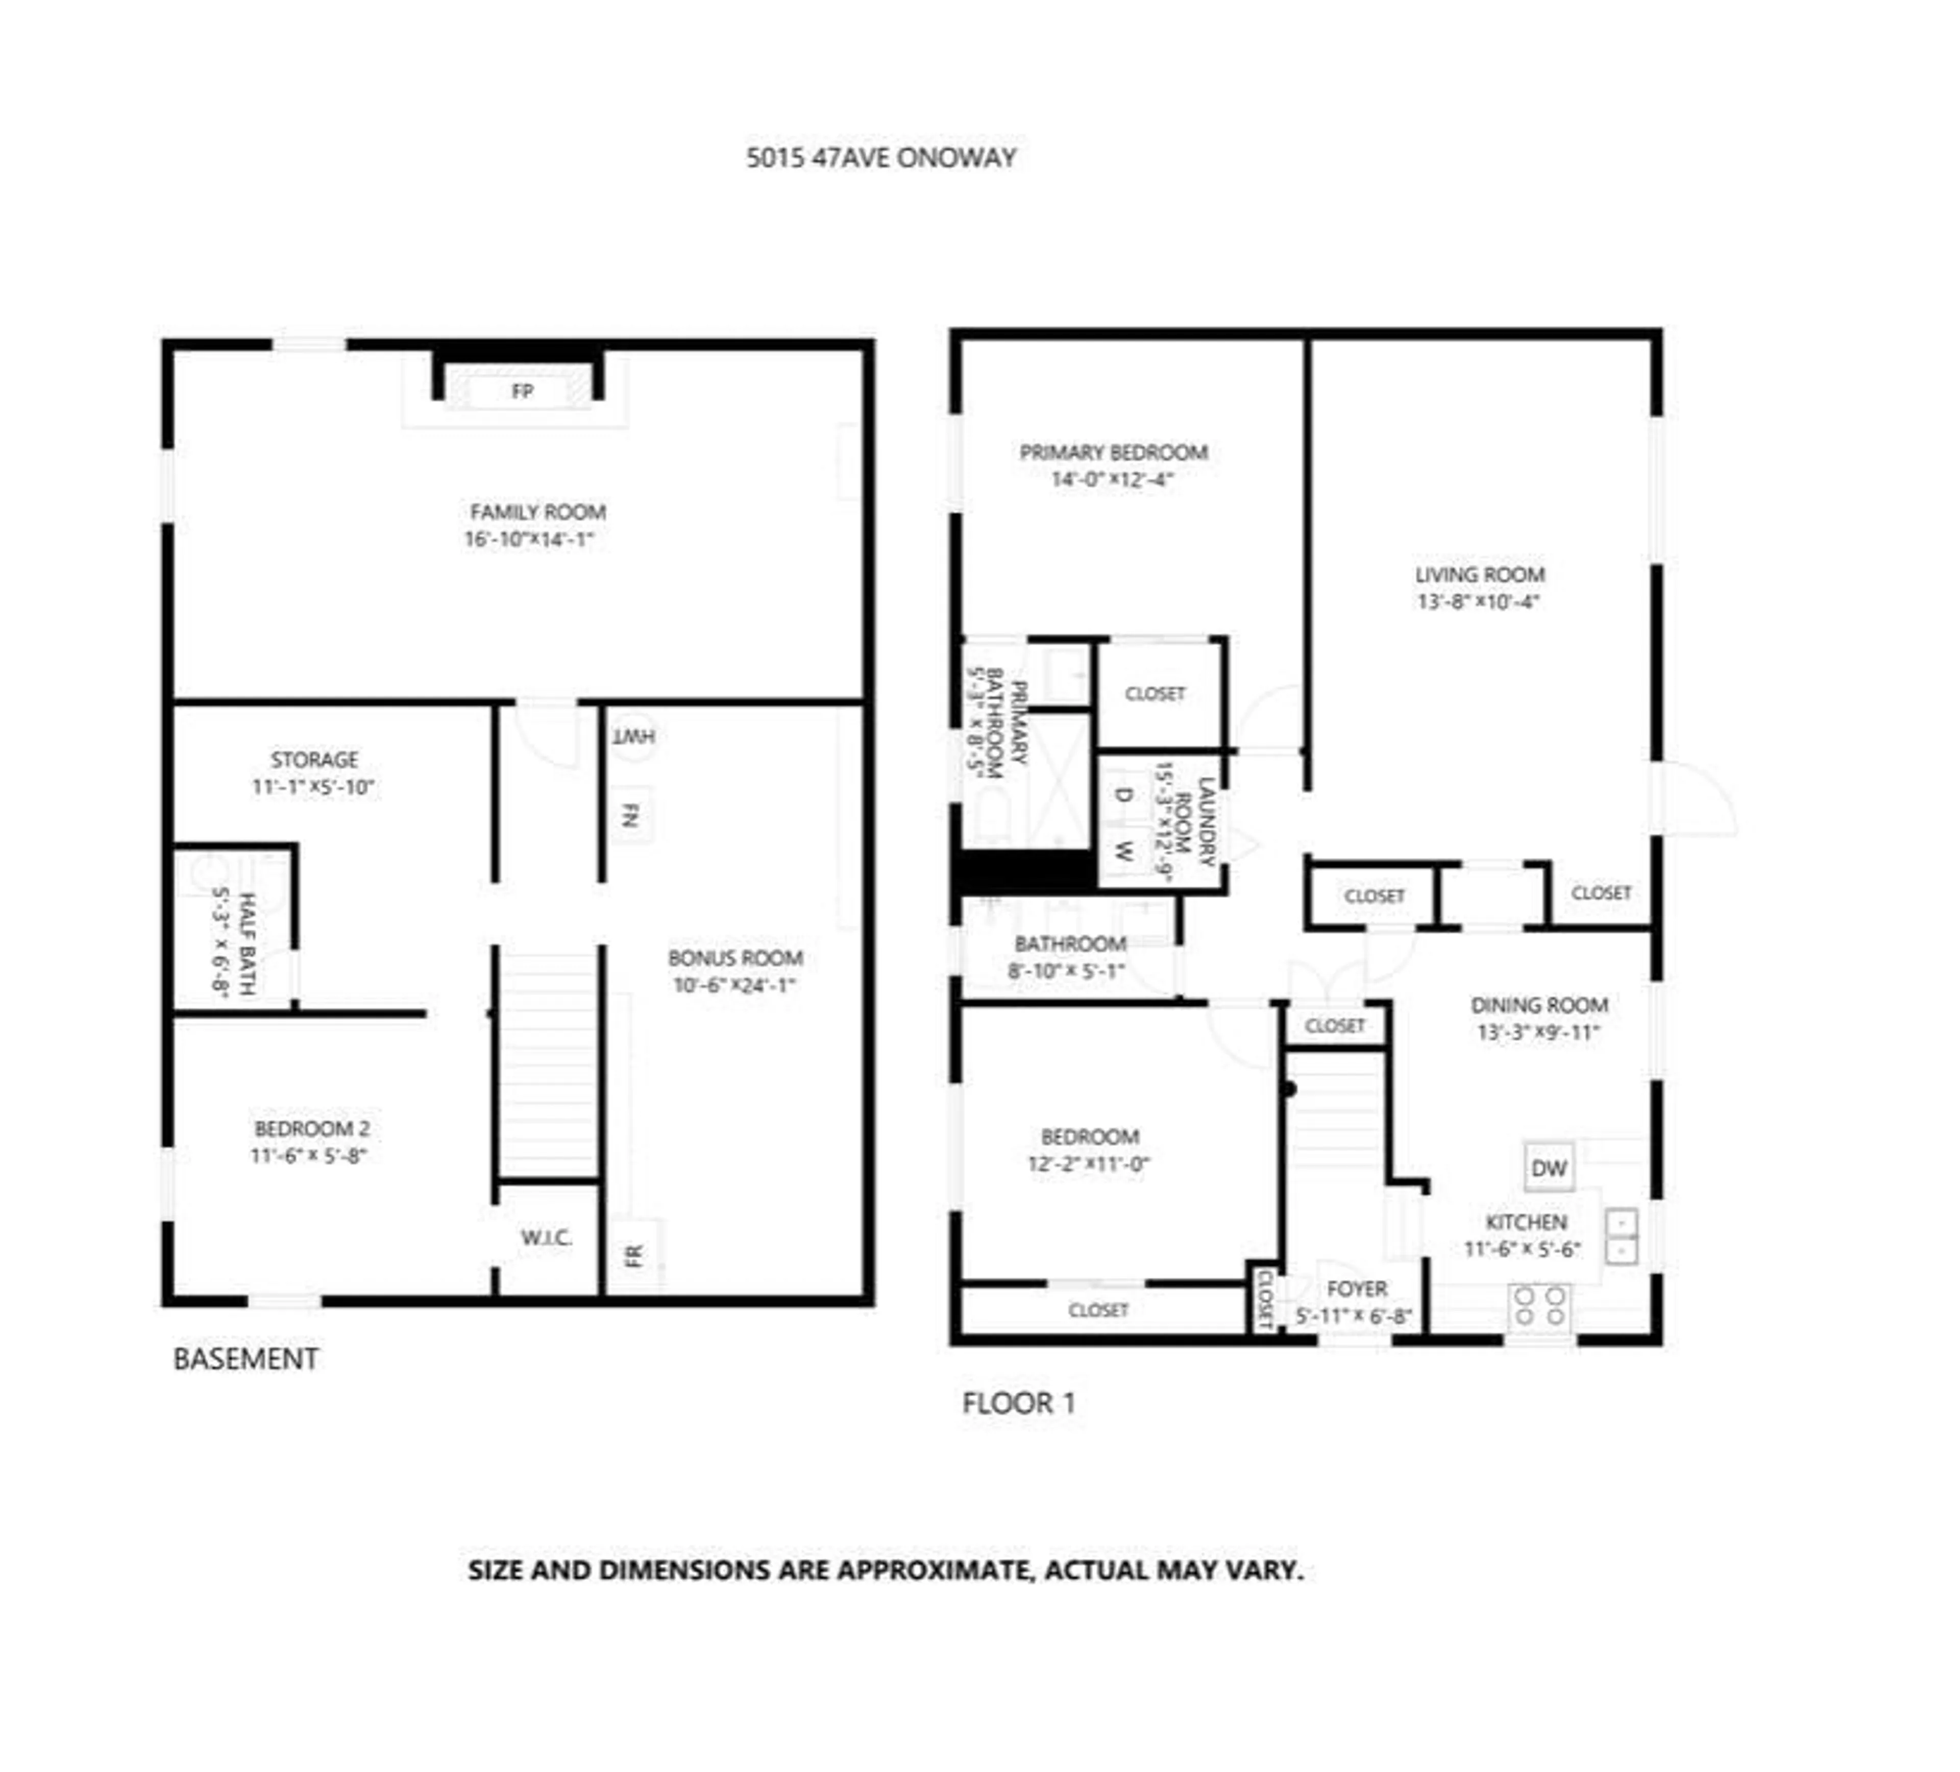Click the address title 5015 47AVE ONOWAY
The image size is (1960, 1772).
tap(881, 158)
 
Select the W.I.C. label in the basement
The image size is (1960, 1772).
tap(546, 1238)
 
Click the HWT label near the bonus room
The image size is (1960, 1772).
tap(633, 736)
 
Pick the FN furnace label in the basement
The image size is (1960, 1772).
tap(629, 815)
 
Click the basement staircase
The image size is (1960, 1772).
tap(547, 1065)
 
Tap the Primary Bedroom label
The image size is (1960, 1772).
tap(1113, 452)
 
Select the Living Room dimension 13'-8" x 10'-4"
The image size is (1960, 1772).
tap(1478, 601)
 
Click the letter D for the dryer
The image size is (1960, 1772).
tap(1123, 794)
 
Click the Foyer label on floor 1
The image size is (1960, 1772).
tap(1356, 1289)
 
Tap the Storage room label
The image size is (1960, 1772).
tap(314, 760)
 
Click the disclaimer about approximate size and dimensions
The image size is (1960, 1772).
tap(885, 1570)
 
